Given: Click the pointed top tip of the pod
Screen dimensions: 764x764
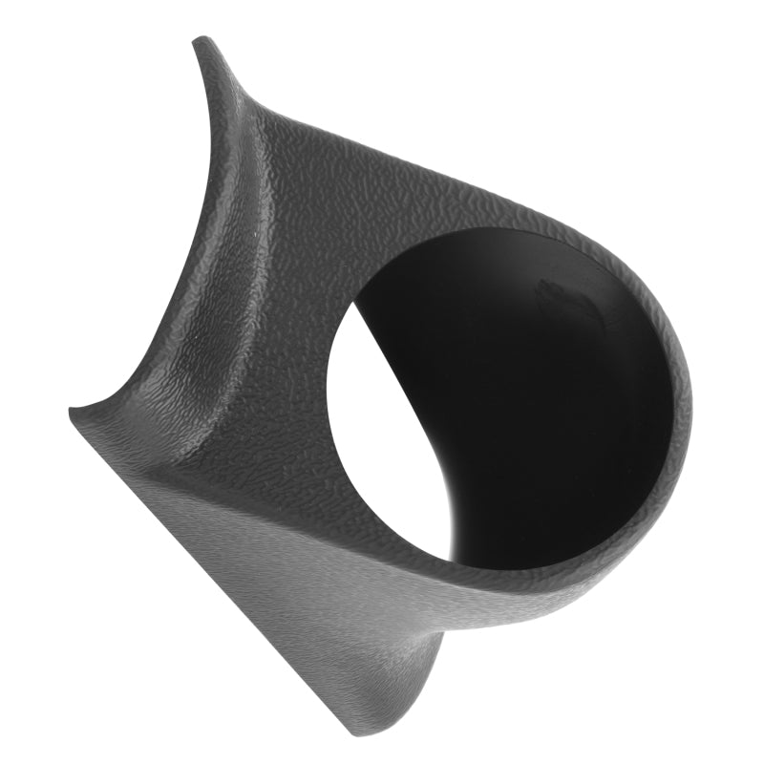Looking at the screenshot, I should coord(201,41).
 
